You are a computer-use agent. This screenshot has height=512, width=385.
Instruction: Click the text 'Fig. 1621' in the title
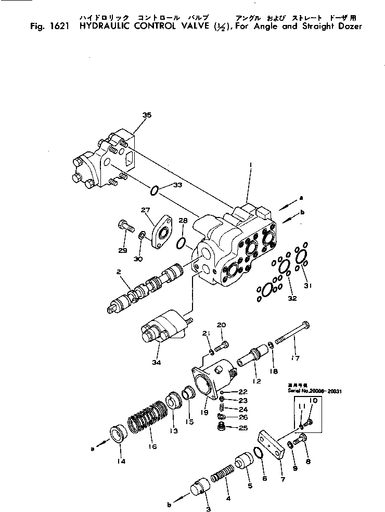[x=47, y=26]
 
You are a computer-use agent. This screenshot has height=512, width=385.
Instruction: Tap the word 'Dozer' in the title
[x=349, y=26]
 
